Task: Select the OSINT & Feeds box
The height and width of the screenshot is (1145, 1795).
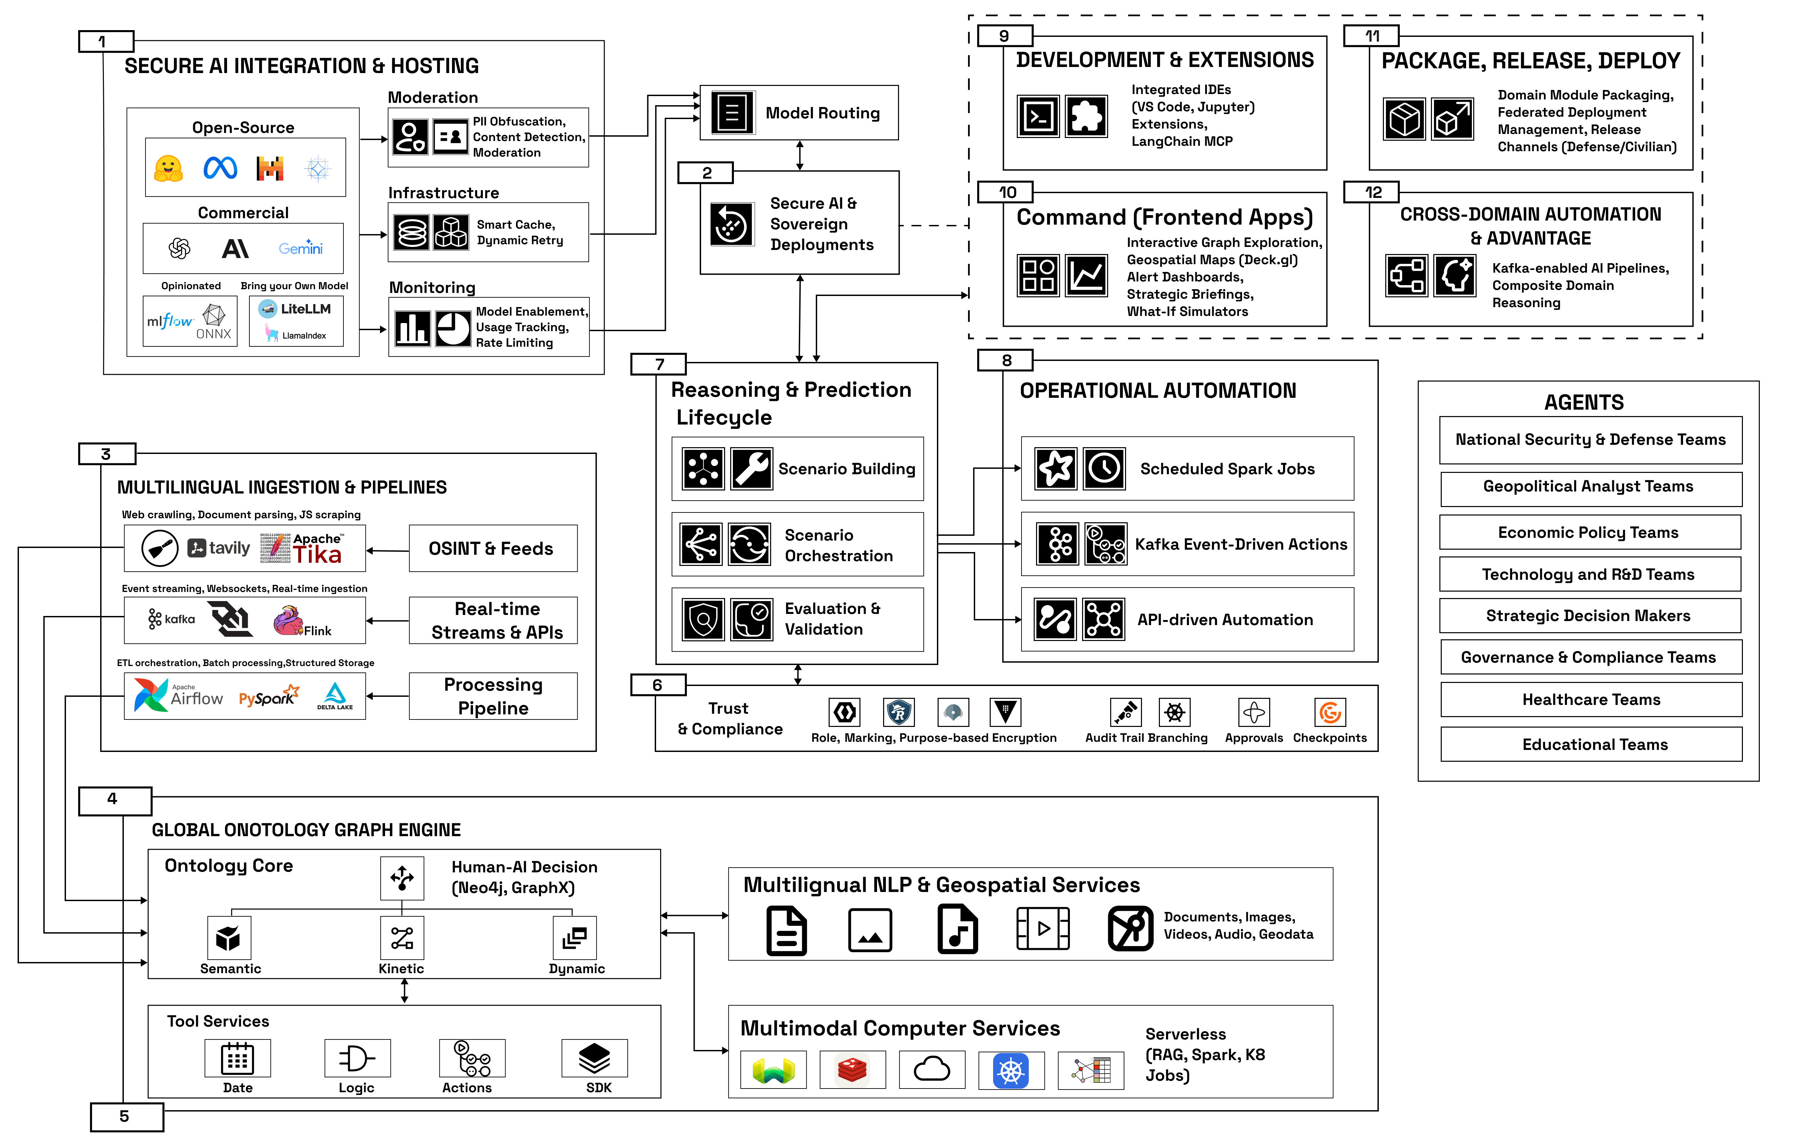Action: coord(492,549)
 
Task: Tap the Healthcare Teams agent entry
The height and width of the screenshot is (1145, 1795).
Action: coord(1591,699)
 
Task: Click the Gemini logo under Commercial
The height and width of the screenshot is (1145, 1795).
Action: coord(300,248)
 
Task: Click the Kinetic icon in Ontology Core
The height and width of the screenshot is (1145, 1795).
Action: coord(402,938)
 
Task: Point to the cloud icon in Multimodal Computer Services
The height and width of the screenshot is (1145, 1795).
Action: coord(932,1070)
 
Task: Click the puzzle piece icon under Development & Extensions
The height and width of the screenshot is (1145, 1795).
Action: coord(1086,116)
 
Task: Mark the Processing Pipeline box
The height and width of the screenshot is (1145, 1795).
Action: coord(493,696)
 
